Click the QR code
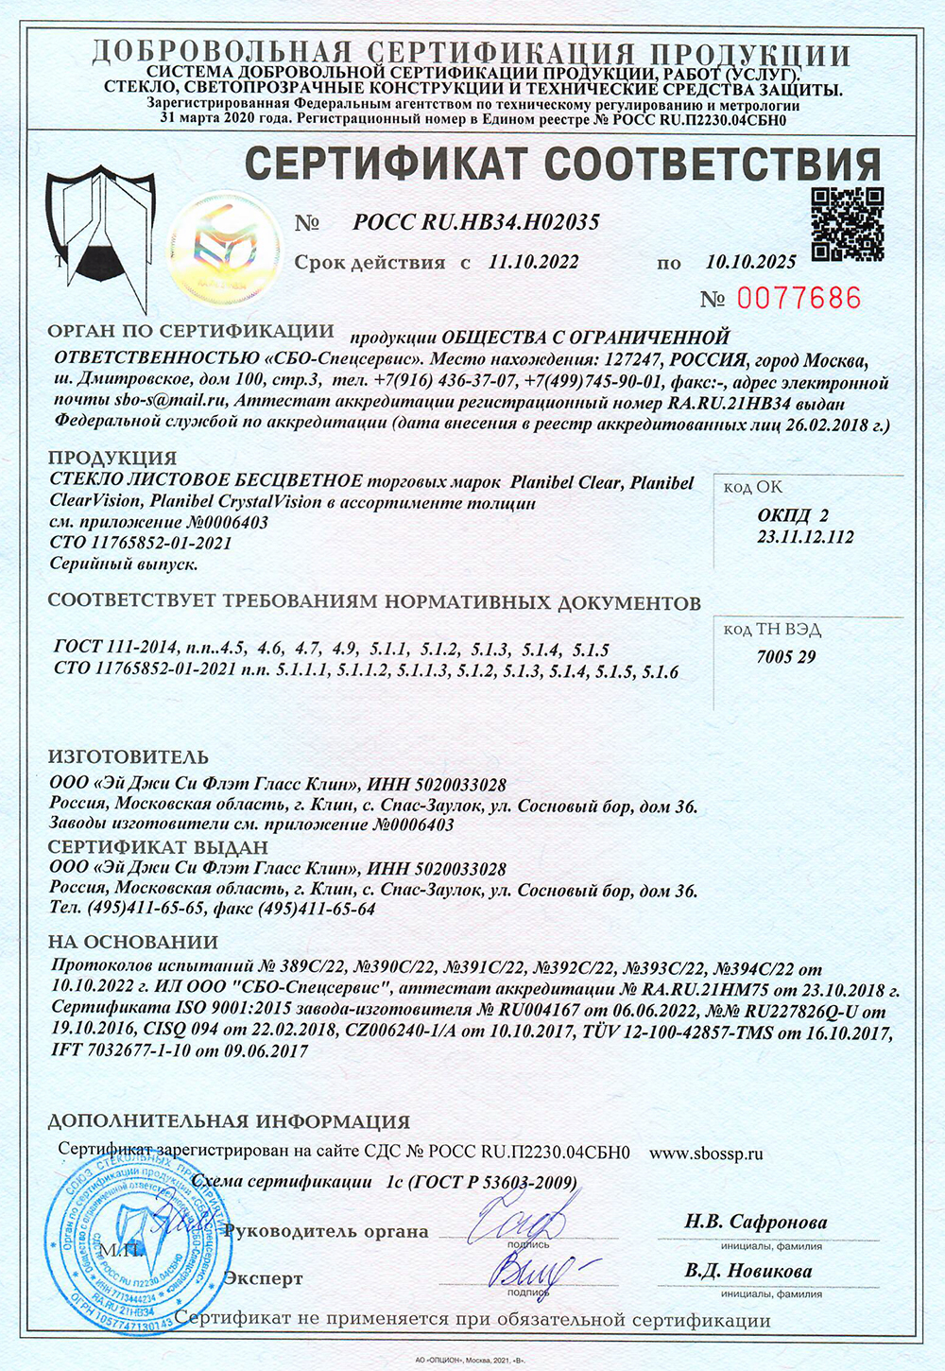[848, 224]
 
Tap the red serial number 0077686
[799, 299]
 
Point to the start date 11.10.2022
[534, 262]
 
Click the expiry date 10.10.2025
[750, 261]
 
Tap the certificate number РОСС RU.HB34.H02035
[476, 223]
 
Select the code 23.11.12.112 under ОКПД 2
[805, 537]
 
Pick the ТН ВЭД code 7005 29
[785, 657]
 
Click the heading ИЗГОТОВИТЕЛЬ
[129, 757]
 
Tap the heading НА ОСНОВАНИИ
[132, 942]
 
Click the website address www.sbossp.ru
[706, 1154]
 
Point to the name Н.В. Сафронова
[755, 1222]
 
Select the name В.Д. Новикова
[748, 1271]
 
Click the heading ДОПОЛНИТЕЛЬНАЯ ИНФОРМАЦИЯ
[229, 1122]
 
